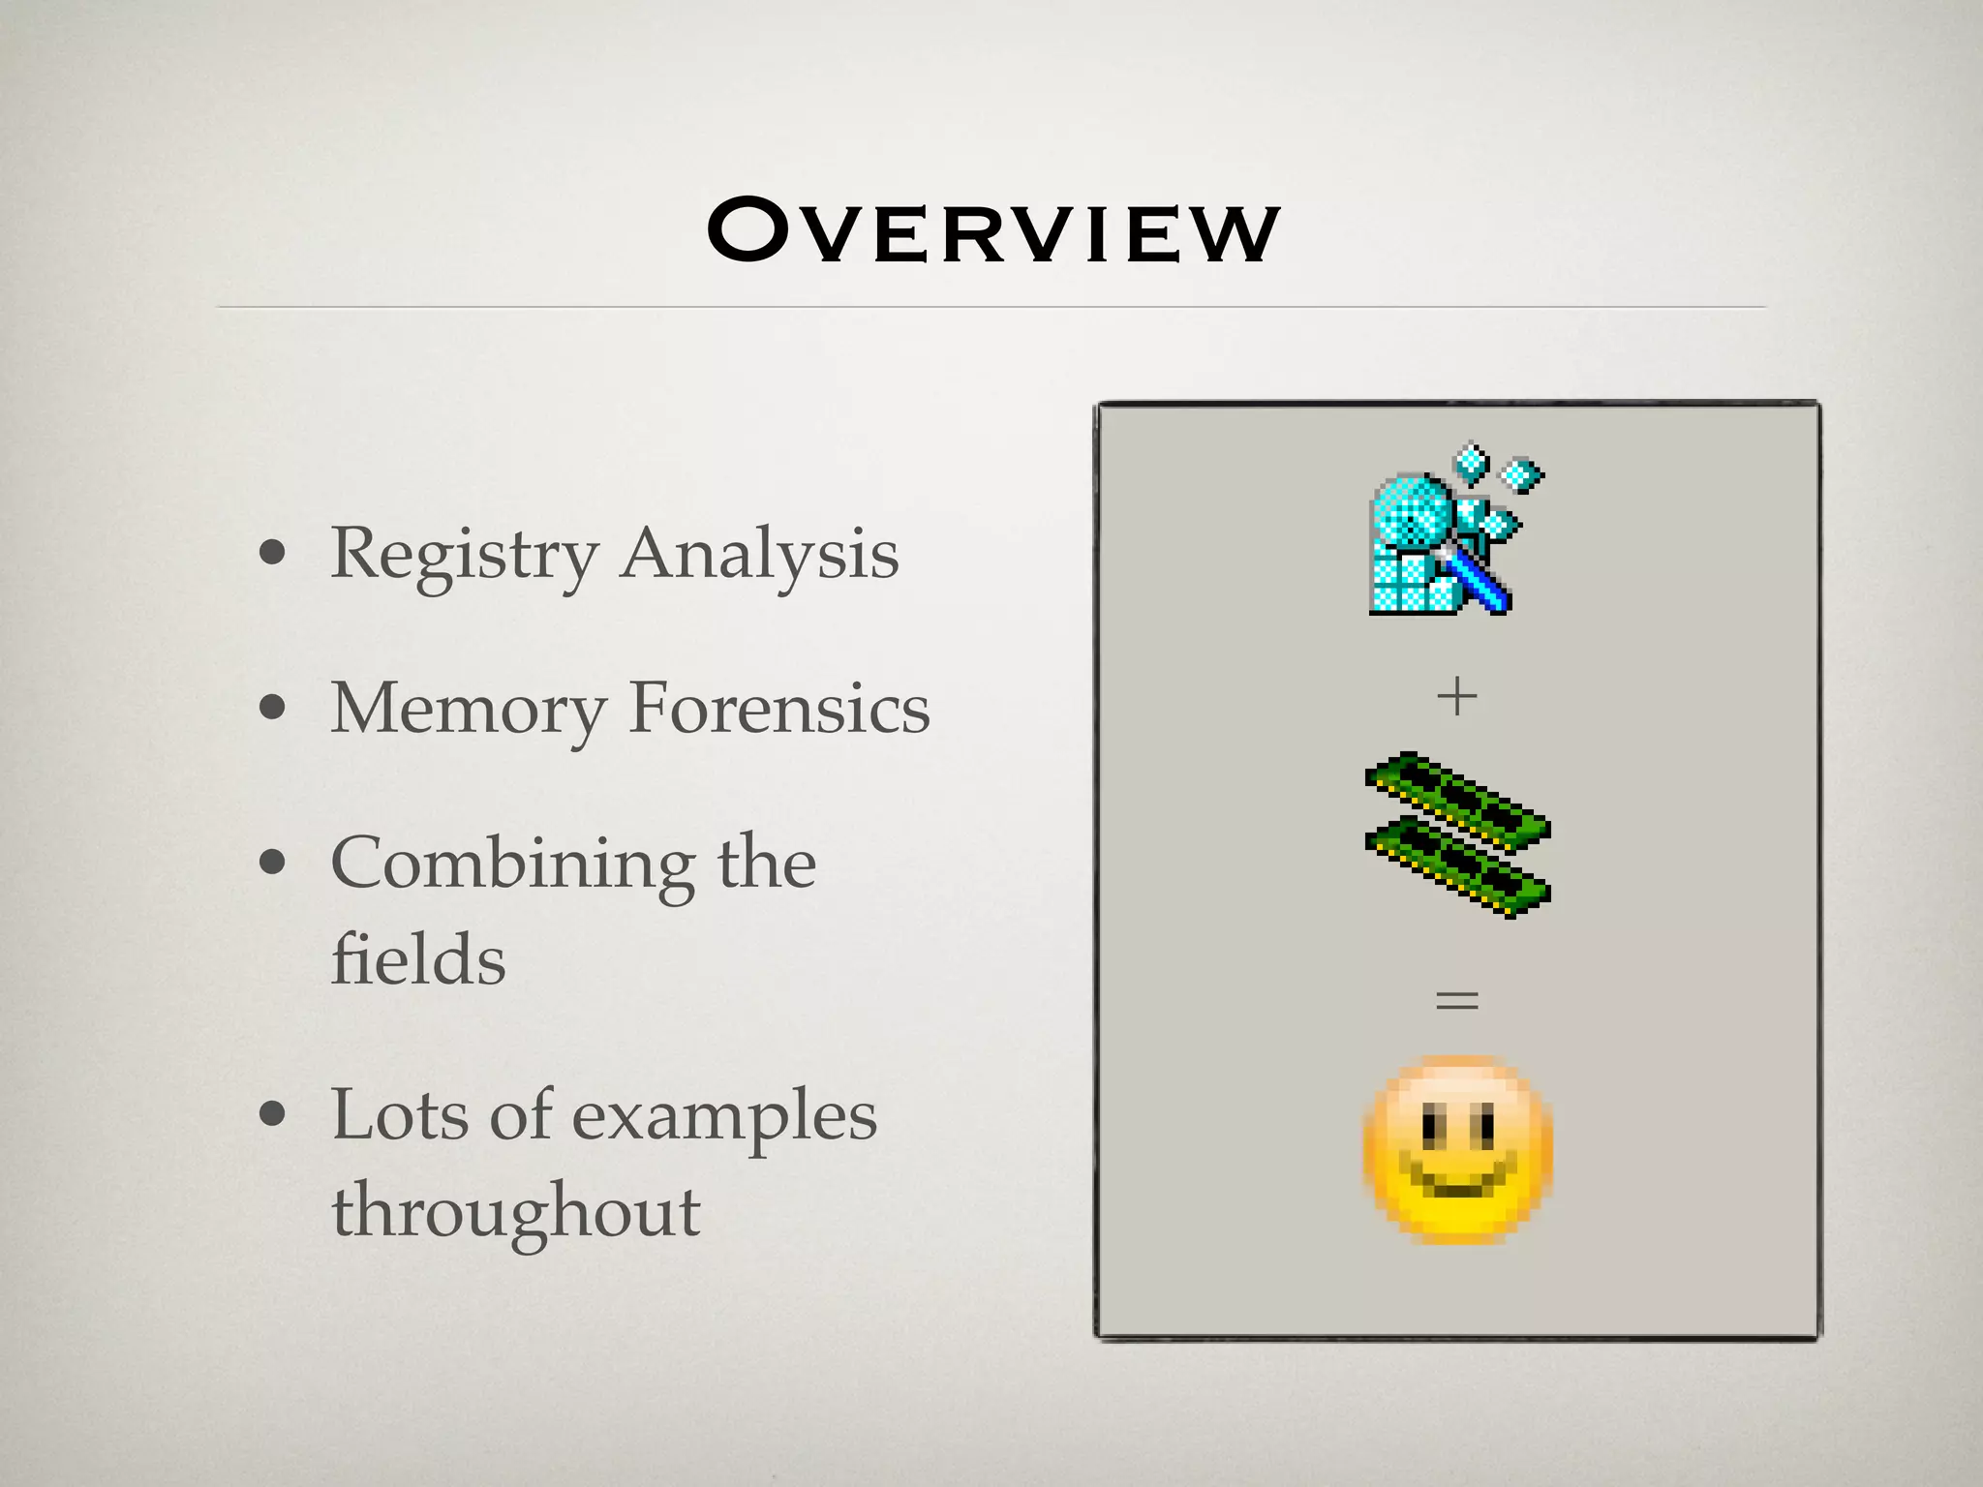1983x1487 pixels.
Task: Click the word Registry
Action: (x=464, y=556)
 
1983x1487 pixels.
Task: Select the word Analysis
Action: (x=760, y=556)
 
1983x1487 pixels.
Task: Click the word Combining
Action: (x=512, y=864)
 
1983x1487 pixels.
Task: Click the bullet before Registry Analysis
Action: (x=273, y=554)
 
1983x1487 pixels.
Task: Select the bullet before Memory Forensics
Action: (x=273, y=708)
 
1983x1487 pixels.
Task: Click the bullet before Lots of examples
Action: (x=273, y=1114)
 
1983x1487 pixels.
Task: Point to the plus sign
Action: (x=1457, y=696)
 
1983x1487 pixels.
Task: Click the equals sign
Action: (x=1457, y=999)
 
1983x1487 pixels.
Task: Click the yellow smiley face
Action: (x=1457, y=1150)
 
